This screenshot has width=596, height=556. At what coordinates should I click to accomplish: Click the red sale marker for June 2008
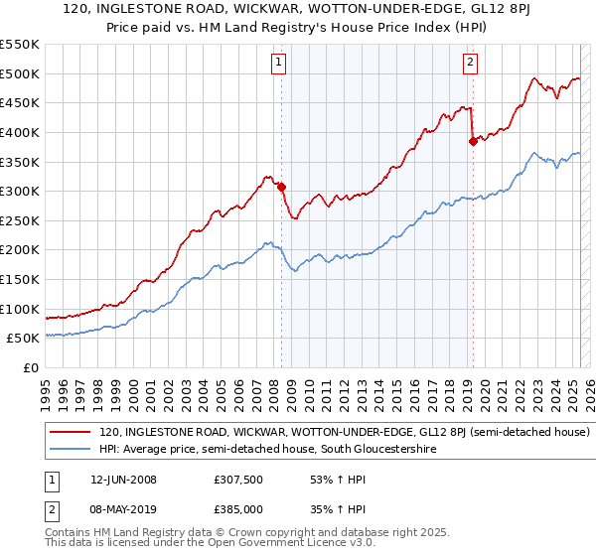pos(281,186)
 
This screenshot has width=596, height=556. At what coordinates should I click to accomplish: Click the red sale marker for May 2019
pos(473,141)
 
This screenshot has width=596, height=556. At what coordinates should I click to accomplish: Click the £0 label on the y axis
pos(31,367)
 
